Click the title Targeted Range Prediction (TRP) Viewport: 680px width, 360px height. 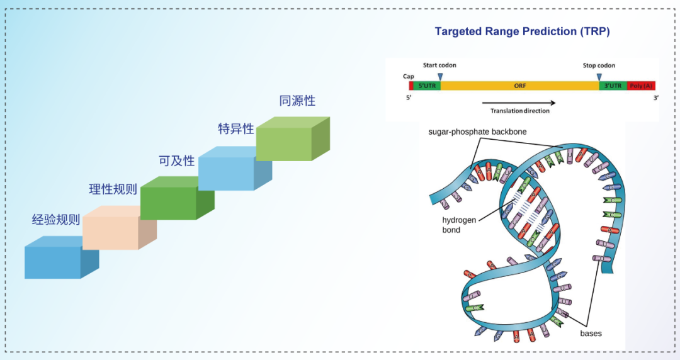(522, 31)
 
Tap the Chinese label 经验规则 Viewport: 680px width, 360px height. (56, 220)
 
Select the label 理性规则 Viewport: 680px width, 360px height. (113, 189)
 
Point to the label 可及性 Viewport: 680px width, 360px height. (177, 160)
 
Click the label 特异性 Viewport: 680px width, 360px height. (236, 128)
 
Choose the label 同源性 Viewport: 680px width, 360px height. (297, 100)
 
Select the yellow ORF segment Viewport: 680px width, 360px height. (519, 85)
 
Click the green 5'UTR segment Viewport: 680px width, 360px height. (428, 85)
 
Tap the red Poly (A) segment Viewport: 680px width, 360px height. (642, 85)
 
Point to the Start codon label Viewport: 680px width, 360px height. (439, 65)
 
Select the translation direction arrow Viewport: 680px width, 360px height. (519, 102)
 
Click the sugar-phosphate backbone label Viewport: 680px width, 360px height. (477, 132)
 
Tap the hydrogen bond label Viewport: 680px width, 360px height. (458, 225)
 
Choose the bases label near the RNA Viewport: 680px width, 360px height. (591, 333)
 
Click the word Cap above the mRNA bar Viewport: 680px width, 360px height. (409, 76)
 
